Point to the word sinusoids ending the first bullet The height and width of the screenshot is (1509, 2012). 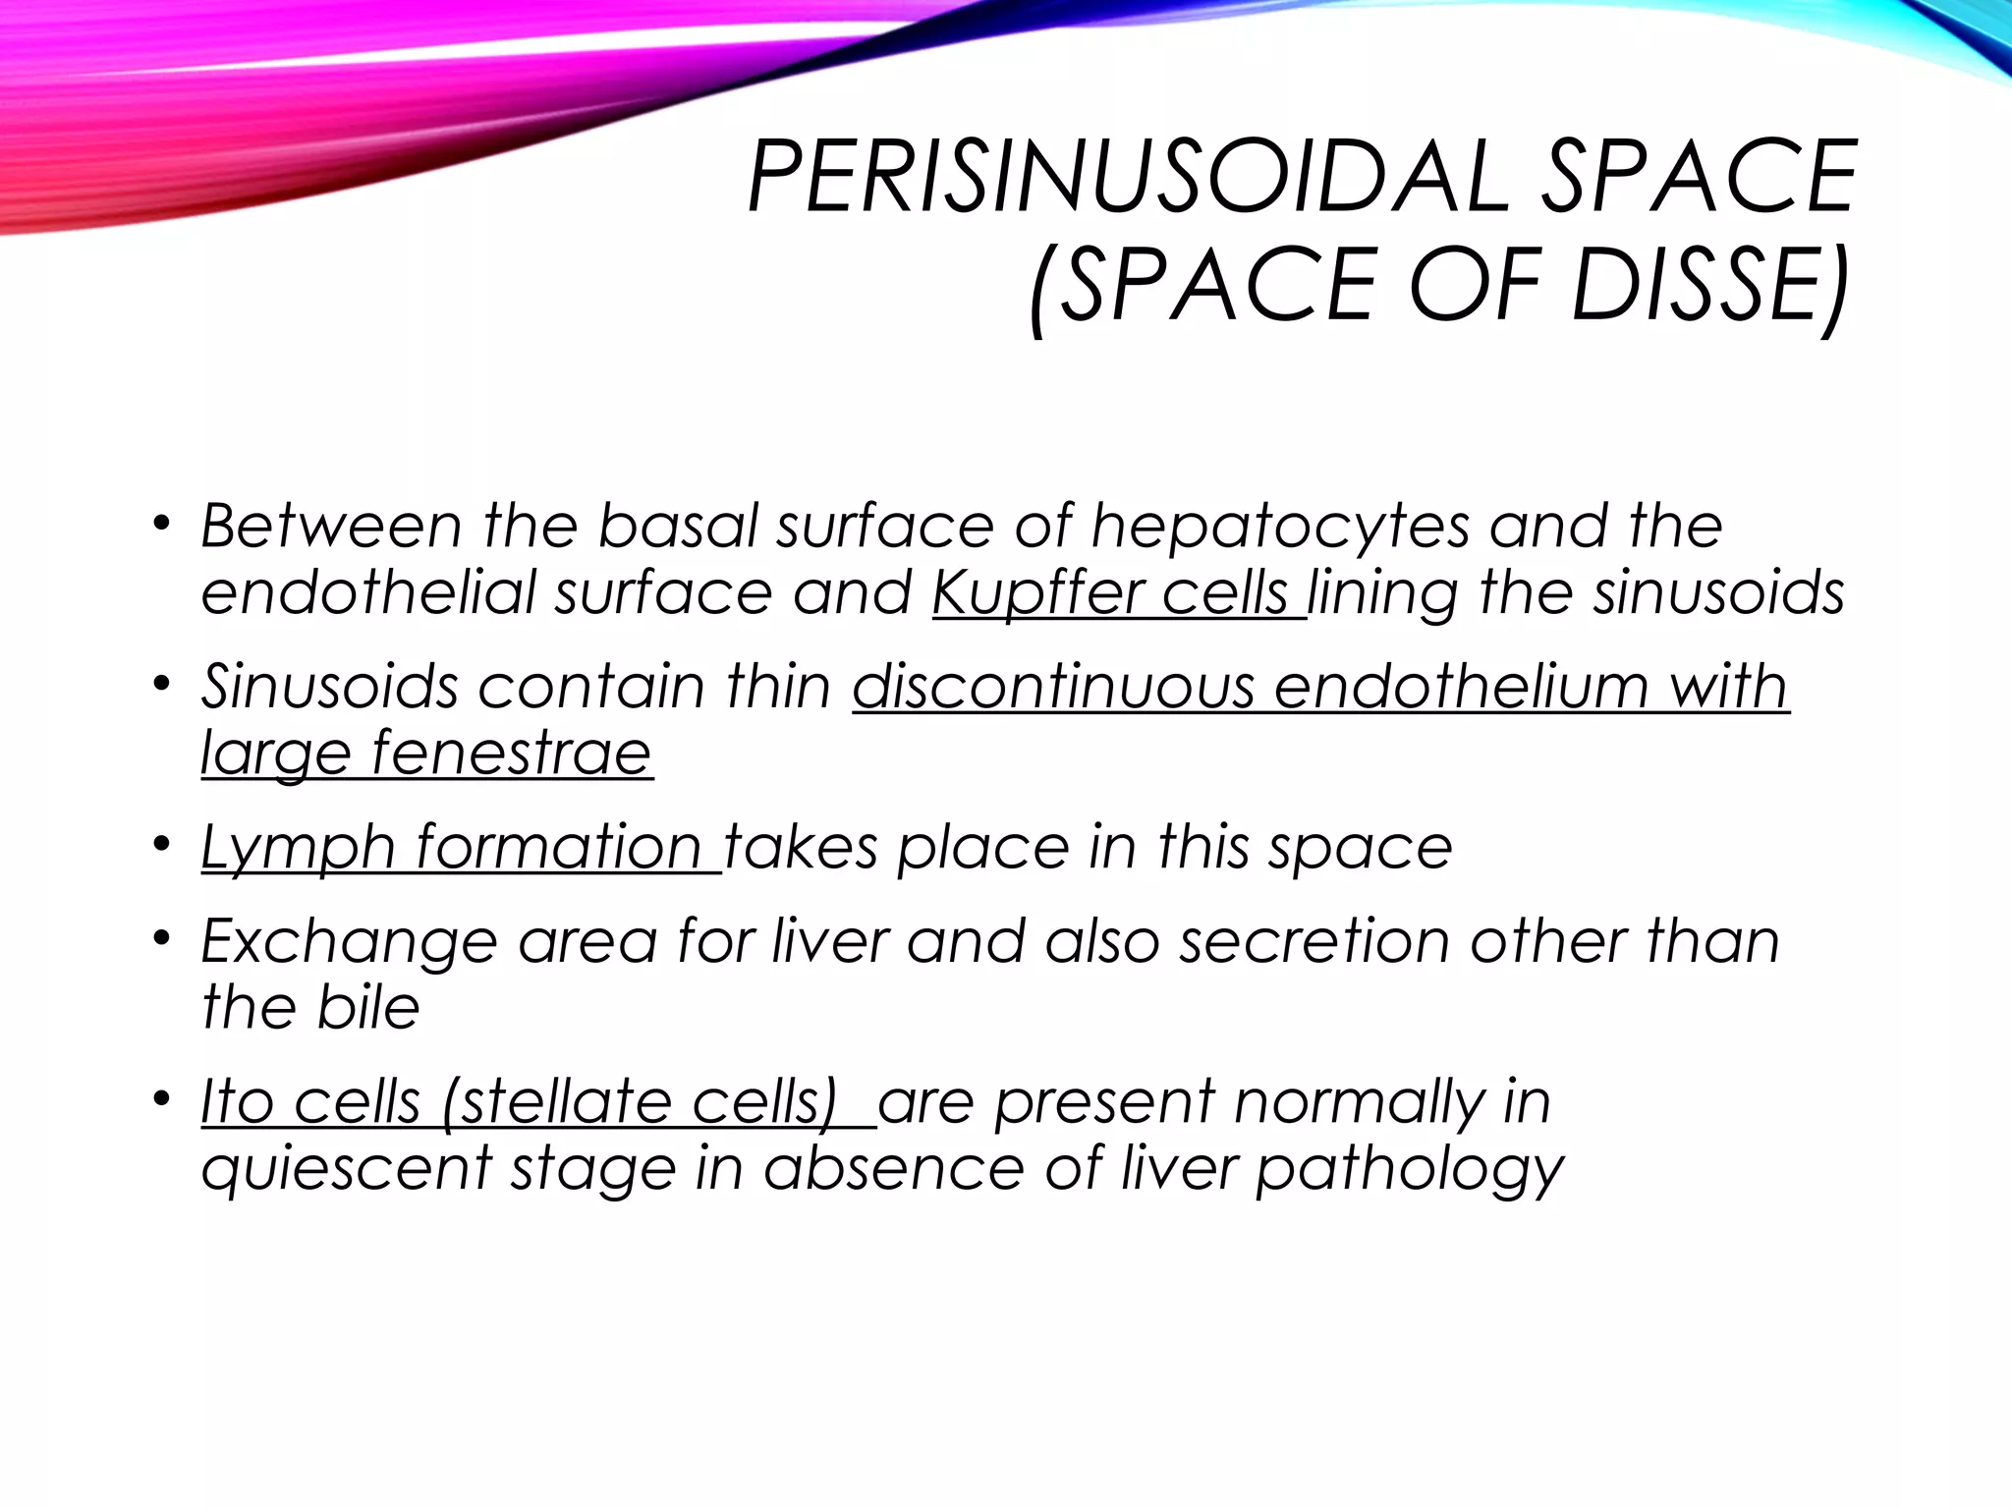point(1718,593)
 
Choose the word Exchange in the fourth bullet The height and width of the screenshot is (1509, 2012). point(349,941)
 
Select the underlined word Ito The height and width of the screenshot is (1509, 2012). point(237,1101)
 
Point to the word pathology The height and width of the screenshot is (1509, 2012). point(1411,1169)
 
